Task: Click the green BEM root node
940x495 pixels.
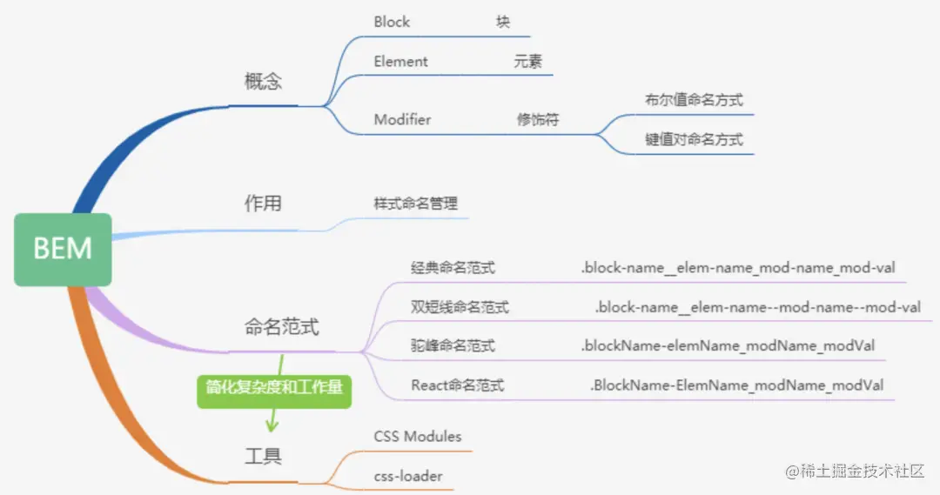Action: (63, 249)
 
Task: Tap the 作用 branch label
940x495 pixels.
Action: (263, 204)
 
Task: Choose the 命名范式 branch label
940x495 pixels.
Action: (281, 328)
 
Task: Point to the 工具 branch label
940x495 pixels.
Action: (263, 455)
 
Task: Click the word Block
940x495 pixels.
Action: (392, 22)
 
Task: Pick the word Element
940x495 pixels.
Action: (401, 62)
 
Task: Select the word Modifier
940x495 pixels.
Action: (402, 119)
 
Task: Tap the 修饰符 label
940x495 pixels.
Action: (537, 120)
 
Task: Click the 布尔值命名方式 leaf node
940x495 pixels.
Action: (694, 99)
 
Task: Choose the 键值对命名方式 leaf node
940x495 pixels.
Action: (694, 139)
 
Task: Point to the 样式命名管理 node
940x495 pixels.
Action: (409, 202)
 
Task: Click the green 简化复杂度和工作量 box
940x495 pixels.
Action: (274, 388)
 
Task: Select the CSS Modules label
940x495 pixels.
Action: (418, 436)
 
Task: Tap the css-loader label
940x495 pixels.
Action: (408, 476)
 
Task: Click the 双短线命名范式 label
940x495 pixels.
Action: (460, 307)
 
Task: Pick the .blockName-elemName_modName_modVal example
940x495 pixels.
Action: (728, 345)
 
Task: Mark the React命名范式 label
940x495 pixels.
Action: (457, 385)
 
